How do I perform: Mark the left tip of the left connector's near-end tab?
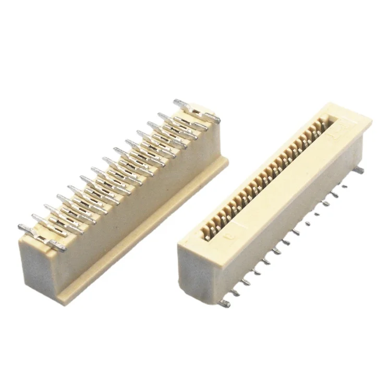coord(20,228)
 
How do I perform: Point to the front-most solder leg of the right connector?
coord(225,303)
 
